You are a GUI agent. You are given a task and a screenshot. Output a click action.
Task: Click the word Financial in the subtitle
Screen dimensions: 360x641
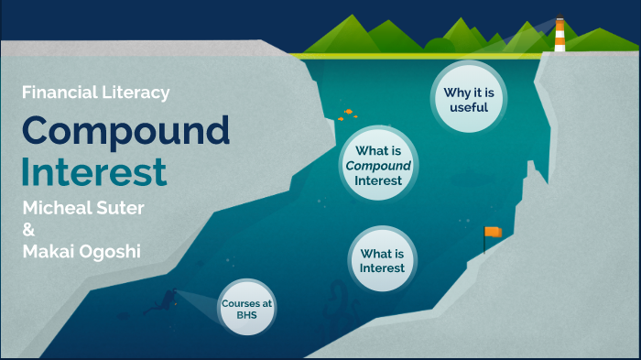click(x=54, y=93)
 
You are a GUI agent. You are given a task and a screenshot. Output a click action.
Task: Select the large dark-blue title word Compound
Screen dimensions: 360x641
click(x=125, y=131)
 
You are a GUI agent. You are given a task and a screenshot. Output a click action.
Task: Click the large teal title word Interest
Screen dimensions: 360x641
click(x=94, y=171)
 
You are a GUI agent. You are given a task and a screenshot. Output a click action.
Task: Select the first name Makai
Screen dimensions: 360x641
click(x=50, y=252)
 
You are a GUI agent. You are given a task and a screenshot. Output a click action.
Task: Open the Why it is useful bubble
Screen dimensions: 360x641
click(x=469, y=99)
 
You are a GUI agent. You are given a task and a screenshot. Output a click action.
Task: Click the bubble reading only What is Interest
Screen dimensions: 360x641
click(x=383, y=260)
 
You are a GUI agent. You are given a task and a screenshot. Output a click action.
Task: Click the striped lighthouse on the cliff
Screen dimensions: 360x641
click(x=560, y=34)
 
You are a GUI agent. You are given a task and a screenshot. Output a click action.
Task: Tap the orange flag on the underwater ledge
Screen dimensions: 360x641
click(x=493, y=233)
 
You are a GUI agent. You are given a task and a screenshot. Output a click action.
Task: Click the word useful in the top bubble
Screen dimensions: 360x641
click(x=469, y=107)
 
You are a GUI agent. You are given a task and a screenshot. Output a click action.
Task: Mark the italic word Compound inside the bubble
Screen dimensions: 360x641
click(x=378, y=166)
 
